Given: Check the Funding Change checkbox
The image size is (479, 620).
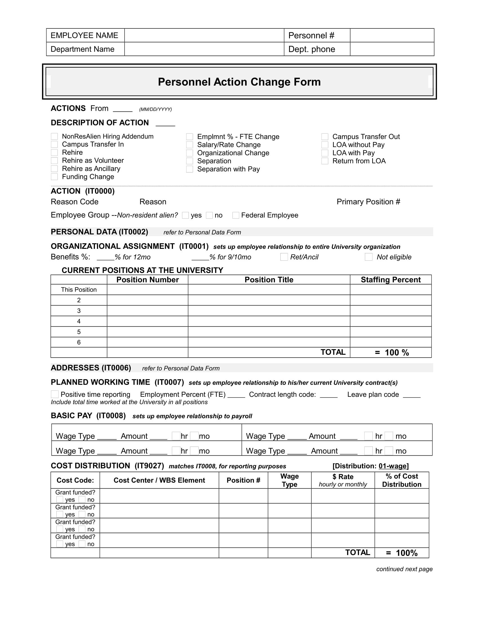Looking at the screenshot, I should [54, 177].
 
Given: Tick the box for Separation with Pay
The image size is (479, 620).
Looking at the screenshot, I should [190, 169].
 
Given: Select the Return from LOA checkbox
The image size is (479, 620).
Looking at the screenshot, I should [325, 161].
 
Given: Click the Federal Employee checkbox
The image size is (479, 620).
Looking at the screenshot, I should [236, 215].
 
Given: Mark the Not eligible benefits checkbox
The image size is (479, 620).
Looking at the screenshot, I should [368, 257].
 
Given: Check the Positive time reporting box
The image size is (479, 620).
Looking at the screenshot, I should [55, 394].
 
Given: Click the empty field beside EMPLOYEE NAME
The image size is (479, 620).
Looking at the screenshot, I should [204, 36].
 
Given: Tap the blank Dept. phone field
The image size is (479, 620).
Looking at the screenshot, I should [392, 49].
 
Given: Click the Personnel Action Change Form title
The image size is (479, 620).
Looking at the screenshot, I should [239, 82].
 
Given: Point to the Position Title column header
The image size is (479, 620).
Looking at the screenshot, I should [269, 280].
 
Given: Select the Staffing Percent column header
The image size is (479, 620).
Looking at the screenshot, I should [391, 280].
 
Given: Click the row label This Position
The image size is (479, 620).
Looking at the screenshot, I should [79, 289].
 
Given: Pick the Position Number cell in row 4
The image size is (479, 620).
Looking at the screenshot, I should [147, 321].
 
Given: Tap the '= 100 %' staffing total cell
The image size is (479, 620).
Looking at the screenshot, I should [392, 352].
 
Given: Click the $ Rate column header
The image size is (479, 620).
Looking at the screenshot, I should [343, 480].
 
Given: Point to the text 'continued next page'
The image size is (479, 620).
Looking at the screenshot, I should [404, 569].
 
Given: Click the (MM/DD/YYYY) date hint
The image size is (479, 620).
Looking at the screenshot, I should [155, 109].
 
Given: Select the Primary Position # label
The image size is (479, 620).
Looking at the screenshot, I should [368, 201].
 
